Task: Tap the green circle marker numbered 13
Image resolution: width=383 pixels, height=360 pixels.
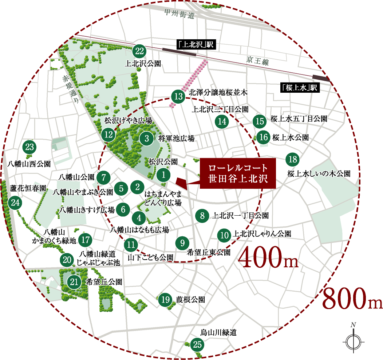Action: coord(178,97)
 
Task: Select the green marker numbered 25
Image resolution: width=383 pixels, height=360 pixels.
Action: coord(197,344)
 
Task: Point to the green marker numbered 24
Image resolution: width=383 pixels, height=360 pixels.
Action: coord(15,203)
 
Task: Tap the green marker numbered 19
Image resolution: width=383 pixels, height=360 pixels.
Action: coord(165,300)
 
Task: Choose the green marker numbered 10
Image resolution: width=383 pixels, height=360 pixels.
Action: coord(224,235)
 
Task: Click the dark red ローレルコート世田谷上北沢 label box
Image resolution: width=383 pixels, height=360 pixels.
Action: coord(238,173)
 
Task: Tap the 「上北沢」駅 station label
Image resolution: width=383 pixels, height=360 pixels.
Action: coord(196,45)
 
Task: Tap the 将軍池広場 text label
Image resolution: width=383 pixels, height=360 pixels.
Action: coord(177,139)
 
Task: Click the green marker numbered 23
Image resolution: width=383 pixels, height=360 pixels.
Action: coord(29,148)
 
